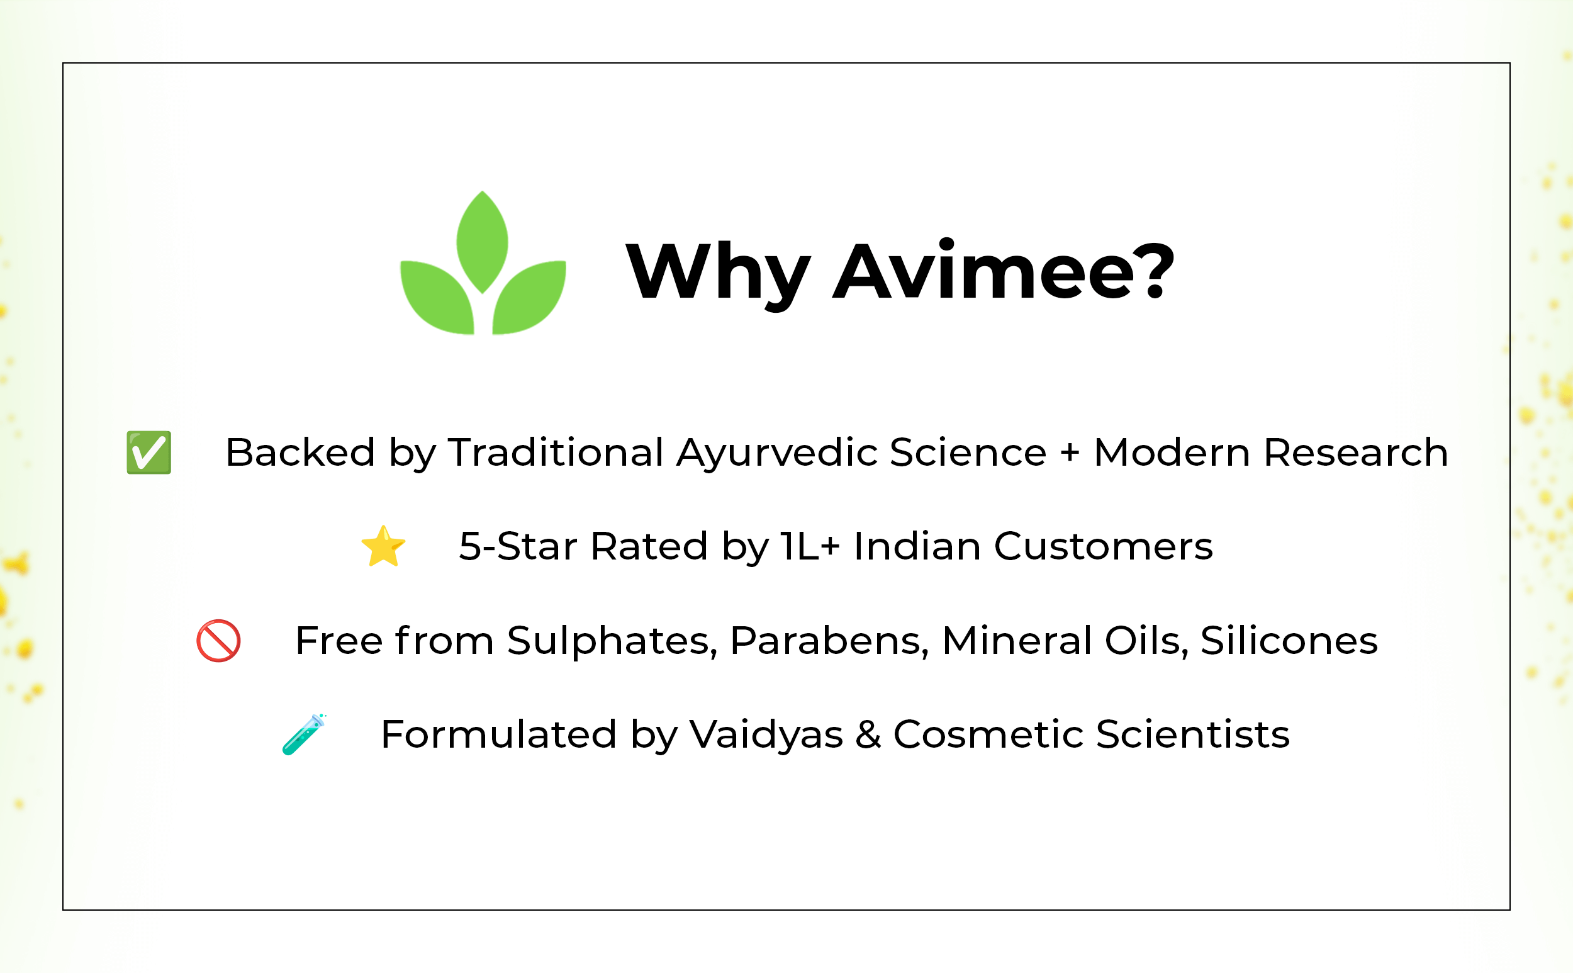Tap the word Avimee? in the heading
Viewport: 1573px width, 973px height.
(1004, 271)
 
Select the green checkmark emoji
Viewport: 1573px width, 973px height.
(148, 453)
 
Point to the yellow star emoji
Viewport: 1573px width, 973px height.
(383, 546)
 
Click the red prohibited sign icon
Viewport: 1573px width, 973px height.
(219, 641)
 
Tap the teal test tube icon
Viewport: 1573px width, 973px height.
(305, 734)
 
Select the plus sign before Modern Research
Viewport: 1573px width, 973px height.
(1070, 453)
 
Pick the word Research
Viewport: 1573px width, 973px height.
(1356, 453)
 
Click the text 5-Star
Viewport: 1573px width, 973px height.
(518, 546)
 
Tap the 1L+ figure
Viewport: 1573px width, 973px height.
(810, 546)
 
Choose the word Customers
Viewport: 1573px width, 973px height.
(1104, 546)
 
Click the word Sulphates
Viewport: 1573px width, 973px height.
(612, 641)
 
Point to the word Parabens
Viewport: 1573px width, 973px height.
(829, 641)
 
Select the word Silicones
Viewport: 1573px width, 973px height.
(1289, 641)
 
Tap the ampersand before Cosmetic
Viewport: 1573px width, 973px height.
(868, 734)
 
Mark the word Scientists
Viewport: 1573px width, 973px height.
(1193, 734)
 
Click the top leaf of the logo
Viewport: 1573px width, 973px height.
(483, 242)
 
